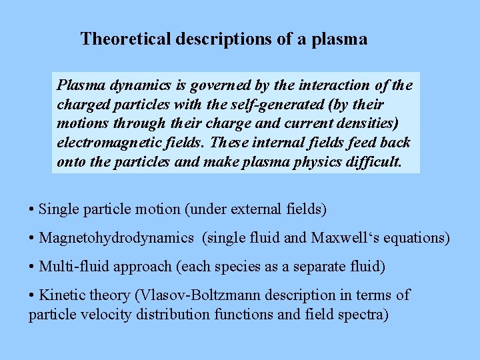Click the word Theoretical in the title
coord(125,39)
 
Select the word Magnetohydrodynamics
coord(117,238)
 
